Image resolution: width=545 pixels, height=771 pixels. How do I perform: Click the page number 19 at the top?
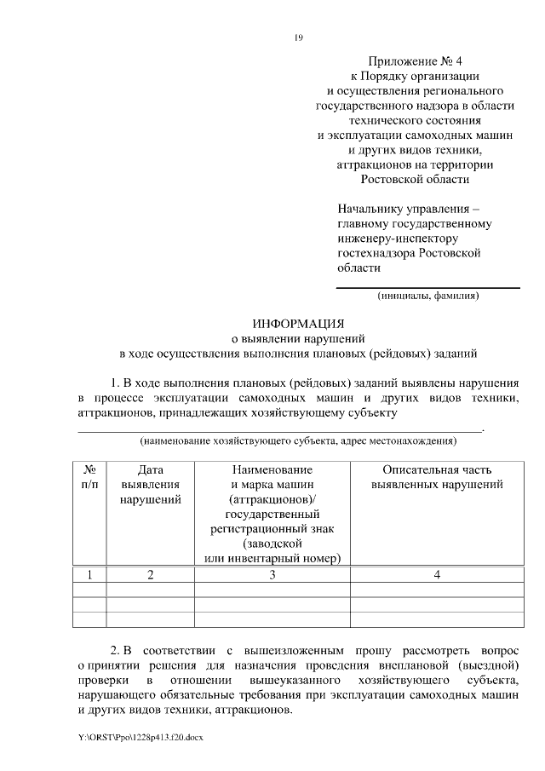298,37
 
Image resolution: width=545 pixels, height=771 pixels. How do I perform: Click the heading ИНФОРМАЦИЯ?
298,324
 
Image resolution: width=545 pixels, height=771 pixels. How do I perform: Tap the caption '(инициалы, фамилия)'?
428,296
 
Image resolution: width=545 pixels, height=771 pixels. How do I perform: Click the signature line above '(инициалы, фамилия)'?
428,288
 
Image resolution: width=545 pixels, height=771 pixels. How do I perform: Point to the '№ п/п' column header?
89,476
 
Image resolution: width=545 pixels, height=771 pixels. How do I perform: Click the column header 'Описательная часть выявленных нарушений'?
437,476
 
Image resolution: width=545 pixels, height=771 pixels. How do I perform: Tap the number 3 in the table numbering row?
272,575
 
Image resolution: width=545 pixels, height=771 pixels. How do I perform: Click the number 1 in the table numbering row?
89,575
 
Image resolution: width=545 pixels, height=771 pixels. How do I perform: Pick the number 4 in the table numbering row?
437,575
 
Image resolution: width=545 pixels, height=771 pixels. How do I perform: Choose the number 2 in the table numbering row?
151,575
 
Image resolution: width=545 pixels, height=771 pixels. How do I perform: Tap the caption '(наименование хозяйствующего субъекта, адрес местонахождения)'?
298,441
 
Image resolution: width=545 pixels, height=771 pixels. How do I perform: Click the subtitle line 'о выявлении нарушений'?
298,338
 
